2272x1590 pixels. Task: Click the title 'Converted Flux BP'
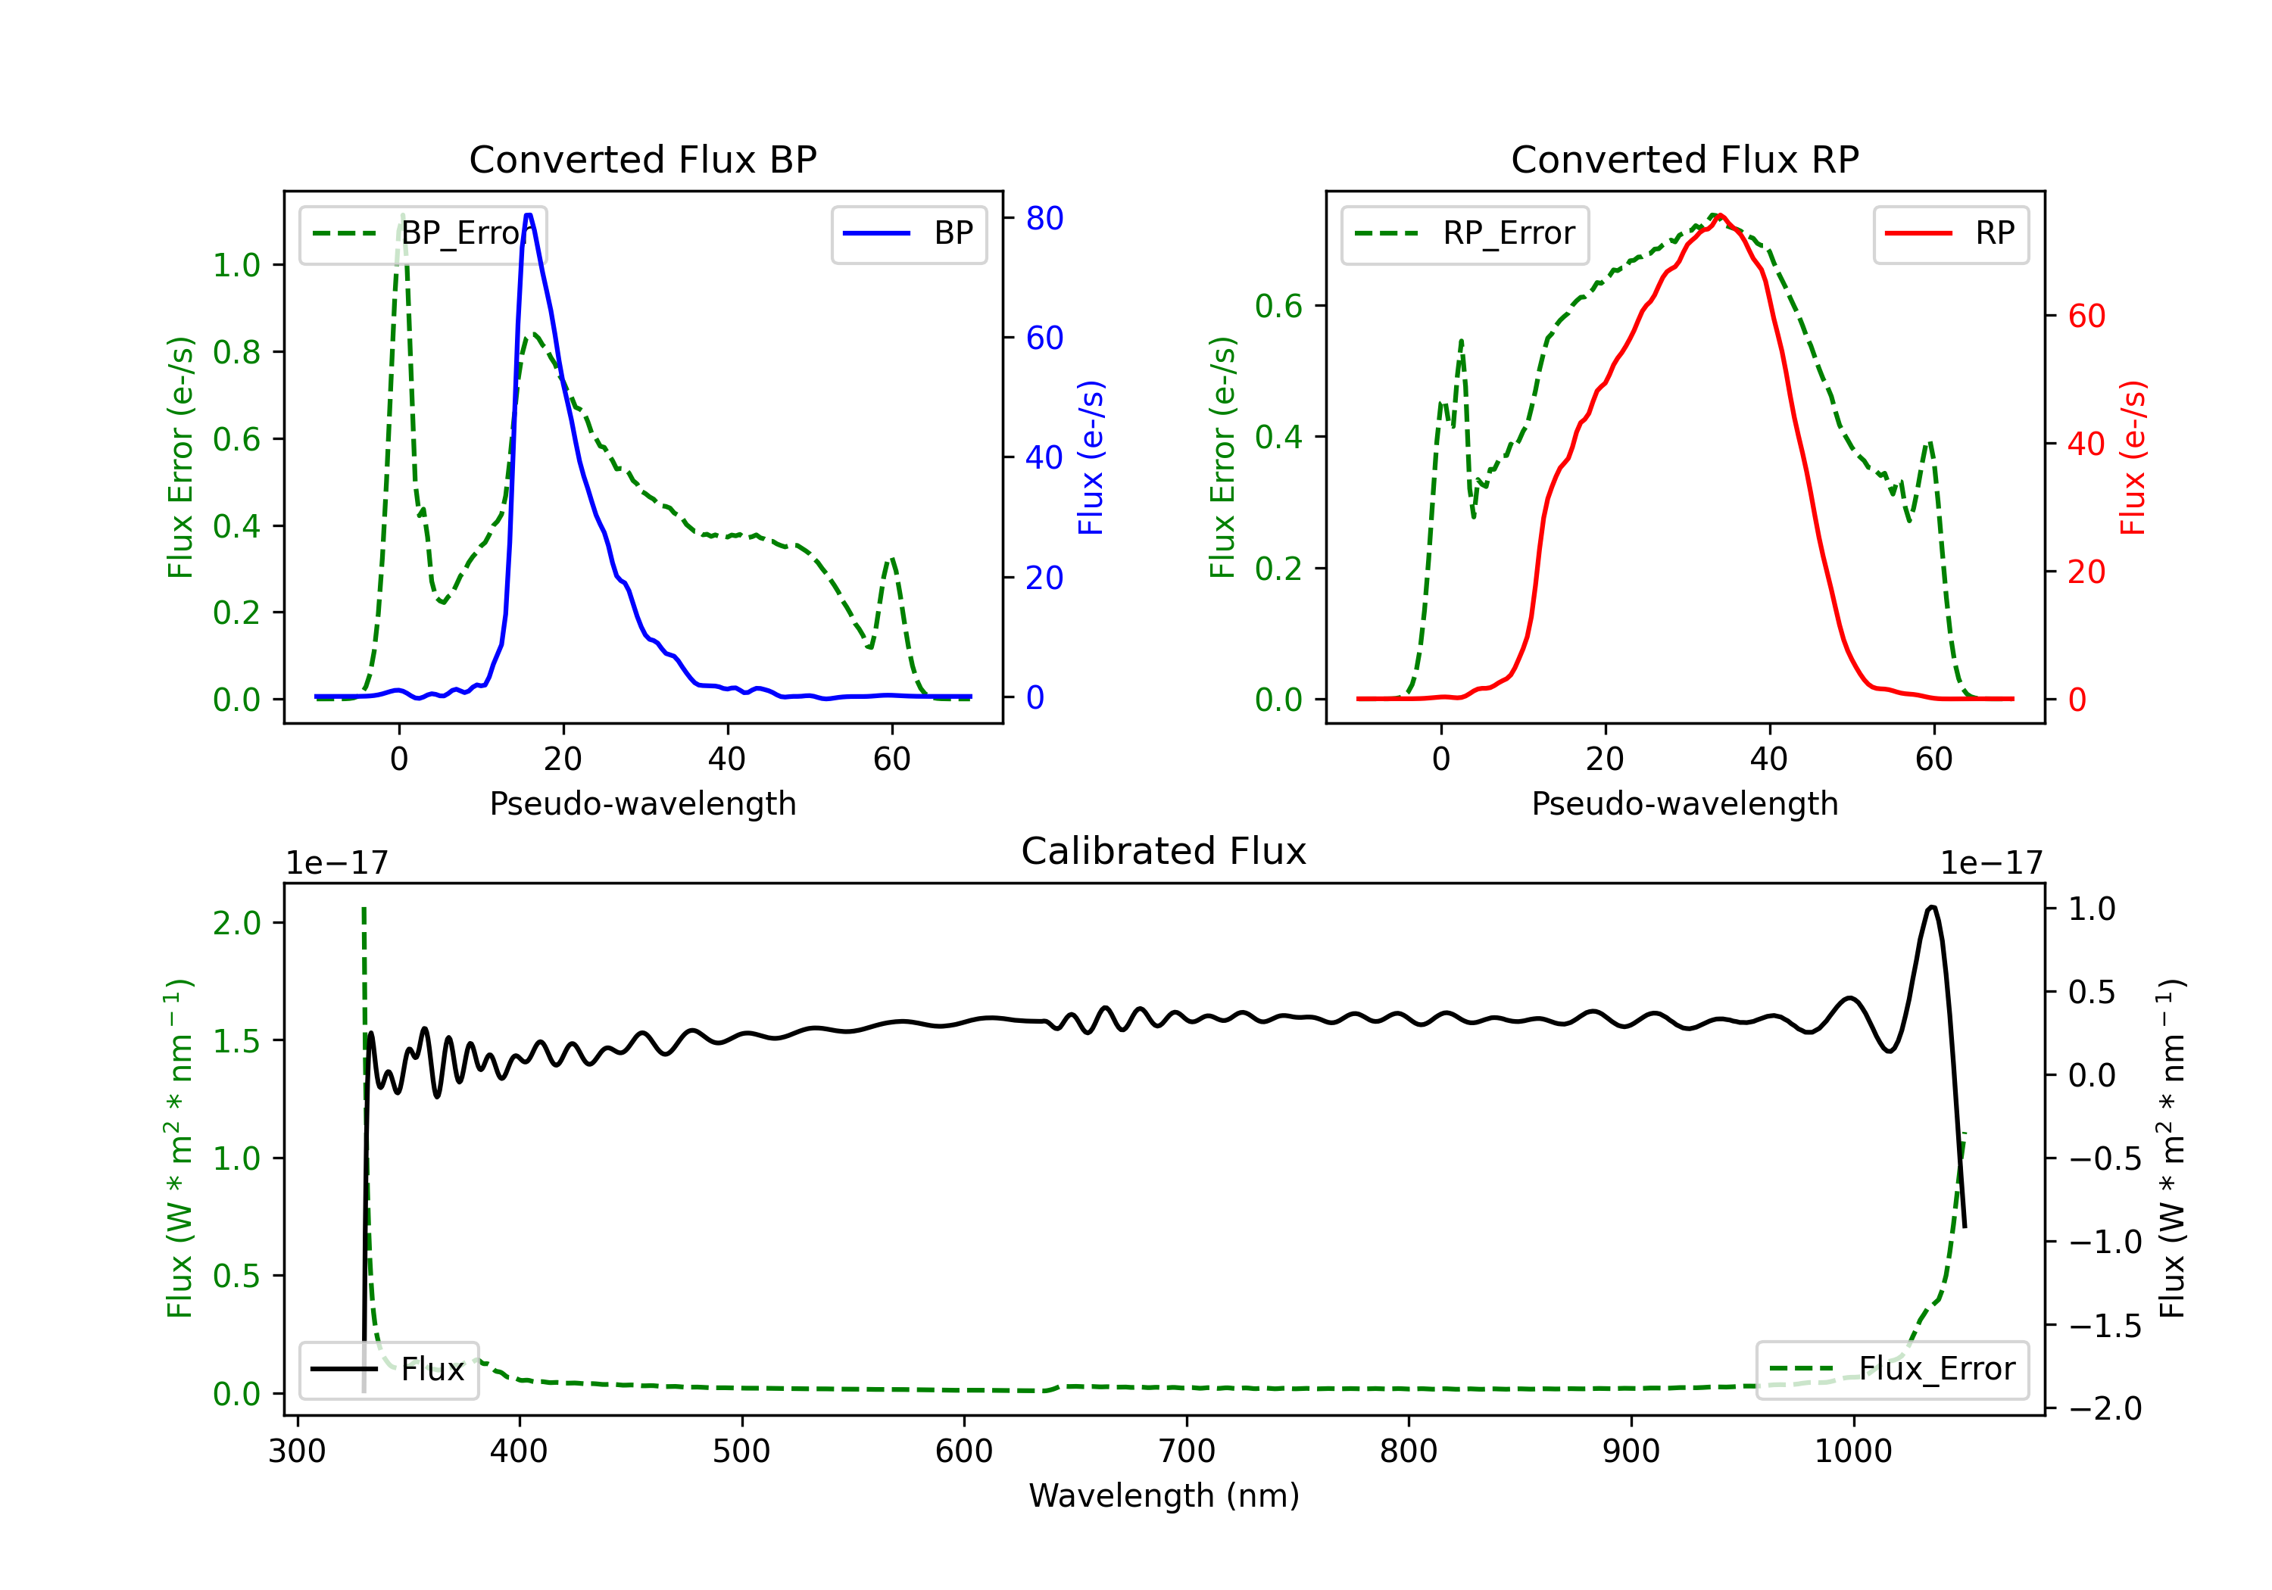point(642,159)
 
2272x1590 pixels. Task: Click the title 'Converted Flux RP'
point(1684,159)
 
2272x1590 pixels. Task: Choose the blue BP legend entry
point(908,233)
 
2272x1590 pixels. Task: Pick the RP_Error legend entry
point(1465,233)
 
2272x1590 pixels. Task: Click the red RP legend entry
point(1950,233)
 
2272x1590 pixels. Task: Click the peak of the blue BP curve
point(529,215)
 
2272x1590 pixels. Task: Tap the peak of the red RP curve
point(1720,216)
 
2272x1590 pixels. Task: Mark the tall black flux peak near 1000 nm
point(1932,906)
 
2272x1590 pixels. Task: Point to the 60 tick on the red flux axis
point(2086,316)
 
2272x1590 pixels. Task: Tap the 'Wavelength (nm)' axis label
point(1164,1495)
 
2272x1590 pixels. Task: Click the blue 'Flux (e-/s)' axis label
point(1091,457)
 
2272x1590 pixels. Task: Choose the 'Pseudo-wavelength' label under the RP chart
point(1684,803)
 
